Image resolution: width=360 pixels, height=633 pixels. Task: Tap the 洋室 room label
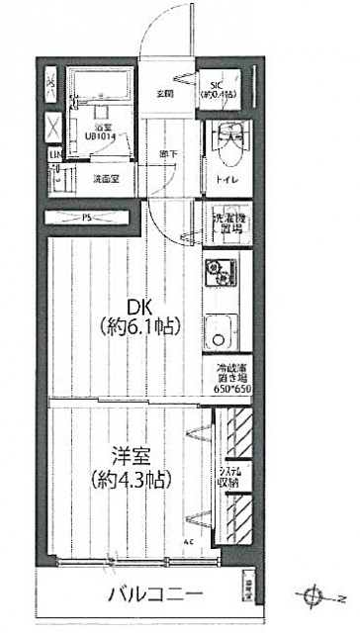(133, 458)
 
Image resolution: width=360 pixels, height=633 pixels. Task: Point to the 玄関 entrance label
(164, 94)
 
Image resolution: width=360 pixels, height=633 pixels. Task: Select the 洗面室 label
(107, 180)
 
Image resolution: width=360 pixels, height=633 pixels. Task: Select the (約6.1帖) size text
(137, 325)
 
